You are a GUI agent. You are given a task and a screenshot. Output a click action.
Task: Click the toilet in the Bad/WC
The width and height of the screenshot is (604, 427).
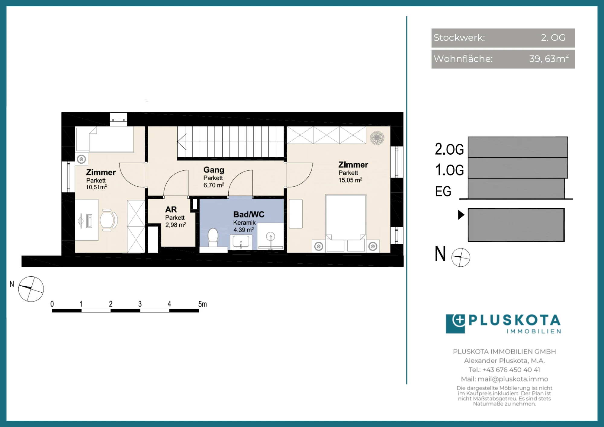click(x=213, y=237)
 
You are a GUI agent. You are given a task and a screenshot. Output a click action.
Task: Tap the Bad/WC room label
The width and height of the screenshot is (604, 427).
click(x=249, y=214)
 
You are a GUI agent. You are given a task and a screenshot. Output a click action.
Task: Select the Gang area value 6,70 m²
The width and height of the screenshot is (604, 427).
click(x=214, y=185)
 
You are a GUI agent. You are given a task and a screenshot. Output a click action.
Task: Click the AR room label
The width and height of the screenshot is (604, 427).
click(x=171, y=210)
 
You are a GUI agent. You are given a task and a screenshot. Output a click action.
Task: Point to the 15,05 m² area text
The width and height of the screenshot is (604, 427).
click(x=350, y=180)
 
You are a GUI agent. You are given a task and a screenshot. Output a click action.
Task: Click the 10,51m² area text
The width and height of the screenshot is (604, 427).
click(x=96, y=187)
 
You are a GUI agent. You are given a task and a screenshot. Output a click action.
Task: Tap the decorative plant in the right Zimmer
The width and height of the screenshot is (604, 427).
click(x=377, y=138)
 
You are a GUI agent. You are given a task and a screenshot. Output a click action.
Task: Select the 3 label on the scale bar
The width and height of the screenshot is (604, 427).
click(x=140, y=304)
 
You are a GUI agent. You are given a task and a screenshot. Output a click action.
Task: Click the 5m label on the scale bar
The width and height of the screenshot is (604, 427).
click(x=203, y=304)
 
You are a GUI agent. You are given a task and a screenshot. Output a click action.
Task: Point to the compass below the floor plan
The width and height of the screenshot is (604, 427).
click(x=31, y=289)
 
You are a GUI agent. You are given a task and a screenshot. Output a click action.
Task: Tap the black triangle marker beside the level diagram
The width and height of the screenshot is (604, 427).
click(x=461, y=215)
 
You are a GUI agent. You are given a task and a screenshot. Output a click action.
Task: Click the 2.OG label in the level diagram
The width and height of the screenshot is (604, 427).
click(x=449, y=149)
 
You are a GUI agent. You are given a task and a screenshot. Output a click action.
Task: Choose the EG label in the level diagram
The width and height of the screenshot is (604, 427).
click(x=443, y=191)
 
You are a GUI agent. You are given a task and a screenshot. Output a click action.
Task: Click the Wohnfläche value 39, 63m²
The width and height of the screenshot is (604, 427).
click(x=549, y=58)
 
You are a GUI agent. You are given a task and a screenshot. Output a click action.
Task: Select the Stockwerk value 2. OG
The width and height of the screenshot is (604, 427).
click(x=553, y=37)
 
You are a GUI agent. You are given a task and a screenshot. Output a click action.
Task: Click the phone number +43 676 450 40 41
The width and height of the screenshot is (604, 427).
click(x=511, y=370)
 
